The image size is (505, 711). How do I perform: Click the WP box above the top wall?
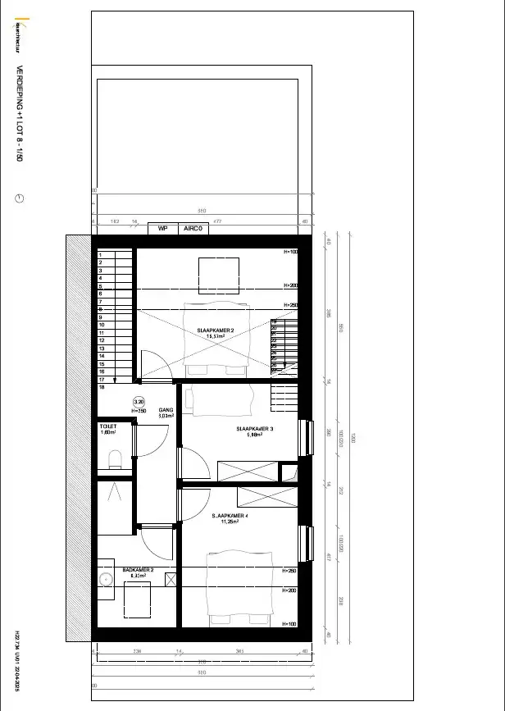coord(162,229)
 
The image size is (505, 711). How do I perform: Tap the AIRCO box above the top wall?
coord(193,229)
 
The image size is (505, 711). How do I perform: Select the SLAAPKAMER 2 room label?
coord(216,330)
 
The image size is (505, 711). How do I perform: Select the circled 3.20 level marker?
coord(139,402)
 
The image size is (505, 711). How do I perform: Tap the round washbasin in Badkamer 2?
coord(105,580)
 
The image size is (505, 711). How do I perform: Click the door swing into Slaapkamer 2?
coord(154,366)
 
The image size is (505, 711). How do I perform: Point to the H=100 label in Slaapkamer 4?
coord(289,624)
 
